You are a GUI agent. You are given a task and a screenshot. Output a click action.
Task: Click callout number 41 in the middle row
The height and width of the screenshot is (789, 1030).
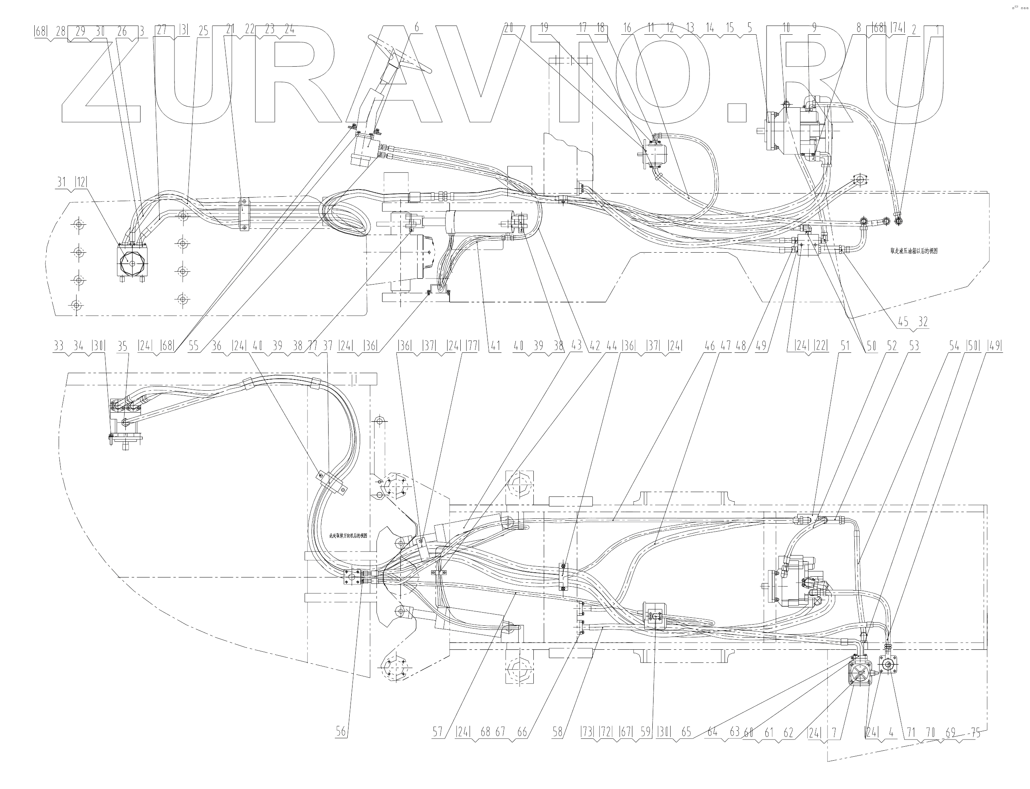[495, 346]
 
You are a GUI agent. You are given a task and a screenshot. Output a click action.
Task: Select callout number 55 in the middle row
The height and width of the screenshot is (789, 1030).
[194, 346]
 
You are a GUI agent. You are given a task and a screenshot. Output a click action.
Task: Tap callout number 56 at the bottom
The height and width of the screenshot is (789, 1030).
[341, 731]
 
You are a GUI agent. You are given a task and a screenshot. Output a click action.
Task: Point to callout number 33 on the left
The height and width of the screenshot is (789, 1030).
[58, 346]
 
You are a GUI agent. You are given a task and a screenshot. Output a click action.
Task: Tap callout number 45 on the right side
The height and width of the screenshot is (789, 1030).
[903, 322]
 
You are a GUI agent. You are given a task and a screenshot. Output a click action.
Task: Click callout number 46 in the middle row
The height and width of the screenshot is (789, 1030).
[710, 346]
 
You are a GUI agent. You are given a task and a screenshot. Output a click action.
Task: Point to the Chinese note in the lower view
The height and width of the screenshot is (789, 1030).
[348, 536]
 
